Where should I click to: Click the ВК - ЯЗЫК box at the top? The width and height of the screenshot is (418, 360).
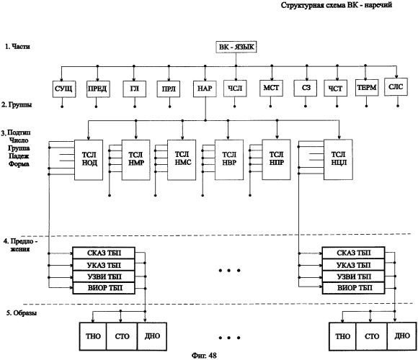pos(236,47)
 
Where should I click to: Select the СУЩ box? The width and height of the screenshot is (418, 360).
pos(64,89)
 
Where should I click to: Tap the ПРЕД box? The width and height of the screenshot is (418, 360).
pos(97,89)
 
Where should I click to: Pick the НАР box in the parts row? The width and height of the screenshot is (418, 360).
pos(205,89)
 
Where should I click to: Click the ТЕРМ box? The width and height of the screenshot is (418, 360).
pos(367,88)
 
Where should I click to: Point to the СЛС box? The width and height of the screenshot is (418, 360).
pos(396,87)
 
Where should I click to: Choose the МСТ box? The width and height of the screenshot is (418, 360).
pos(271,88)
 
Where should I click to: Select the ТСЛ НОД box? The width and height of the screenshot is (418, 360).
pos(89,160)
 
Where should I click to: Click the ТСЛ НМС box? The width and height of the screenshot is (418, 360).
pos(182,160)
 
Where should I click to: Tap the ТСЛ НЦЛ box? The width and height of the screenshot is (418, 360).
pos(338,160)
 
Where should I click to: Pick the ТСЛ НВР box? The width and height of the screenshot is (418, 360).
pos(229,160)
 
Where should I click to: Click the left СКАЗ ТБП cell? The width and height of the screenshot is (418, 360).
pos(104,253)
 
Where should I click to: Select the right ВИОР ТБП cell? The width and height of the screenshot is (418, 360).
pos(353,288)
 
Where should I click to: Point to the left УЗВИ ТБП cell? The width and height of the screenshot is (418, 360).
pos(104,276)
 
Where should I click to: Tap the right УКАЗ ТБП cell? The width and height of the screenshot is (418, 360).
pos(353,265)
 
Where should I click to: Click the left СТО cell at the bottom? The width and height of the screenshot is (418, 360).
pos(122,336)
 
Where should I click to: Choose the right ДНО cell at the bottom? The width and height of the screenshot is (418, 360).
pos(401,336)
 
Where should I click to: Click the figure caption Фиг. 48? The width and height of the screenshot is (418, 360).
pos(204,356)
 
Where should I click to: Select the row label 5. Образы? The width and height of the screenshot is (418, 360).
pos(22,313)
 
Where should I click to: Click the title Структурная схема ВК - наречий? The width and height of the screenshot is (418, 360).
pos(337,5)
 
